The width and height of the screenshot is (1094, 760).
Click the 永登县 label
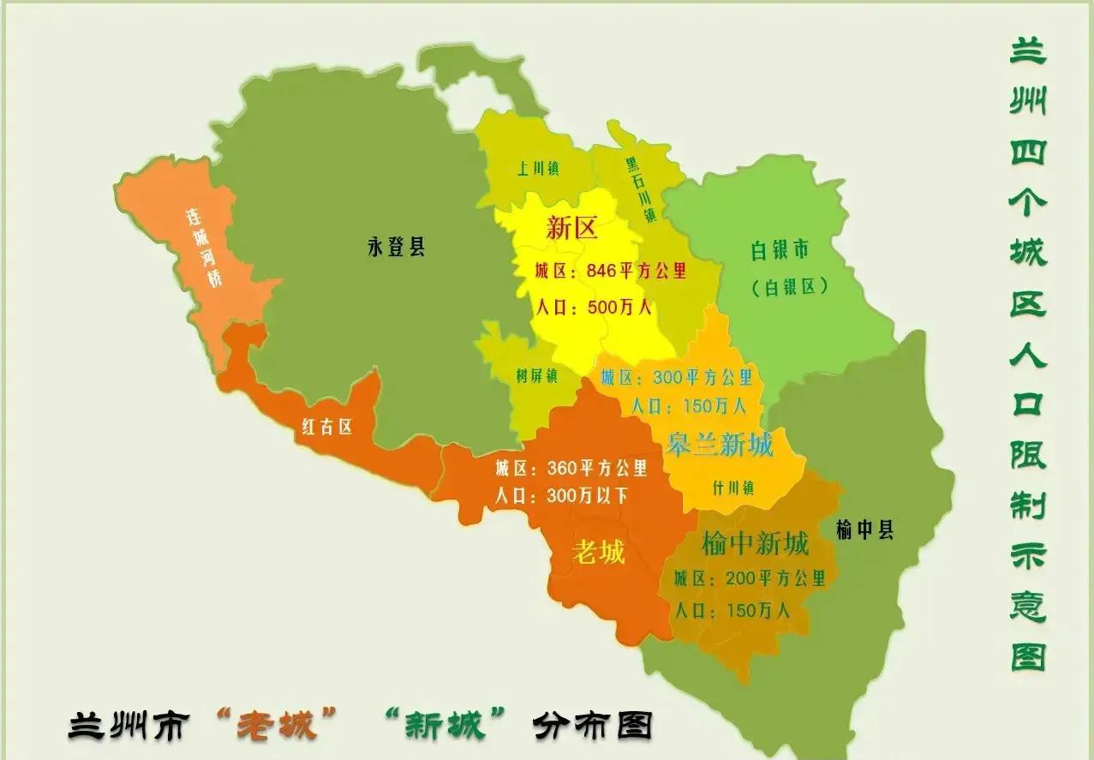(396, 248)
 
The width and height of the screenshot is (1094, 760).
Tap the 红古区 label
(326, 427)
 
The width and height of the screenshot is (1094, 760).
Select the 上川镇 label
(537, 169)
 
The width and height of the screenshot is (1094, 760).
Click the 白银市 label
(780, 250)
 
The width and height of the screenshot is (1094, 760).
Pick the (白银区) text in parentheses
(789, 287)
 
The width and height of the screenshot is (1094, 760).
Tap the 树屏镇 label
(537, 375)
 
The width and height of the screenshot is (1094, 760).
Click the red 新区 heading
(571, 229)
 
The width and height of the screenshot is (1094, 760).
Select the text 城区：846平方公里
(610, 271)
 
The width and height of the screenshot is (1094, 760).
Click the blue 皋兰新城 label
(720, 445)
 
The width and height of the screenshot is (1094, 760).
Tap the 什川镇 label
(733, 488)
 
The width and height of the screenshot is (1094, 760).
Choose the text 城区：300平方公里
(676, 377)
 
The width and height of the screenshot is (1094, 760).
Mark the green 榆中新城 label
(755, 543)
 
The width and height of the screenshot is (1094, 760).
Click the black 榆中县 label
(864, 530)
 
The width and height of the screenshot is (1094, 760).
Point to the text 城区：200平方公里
(749, 578)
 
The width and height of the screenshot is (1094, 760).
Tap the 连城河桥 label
(206, 248)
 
